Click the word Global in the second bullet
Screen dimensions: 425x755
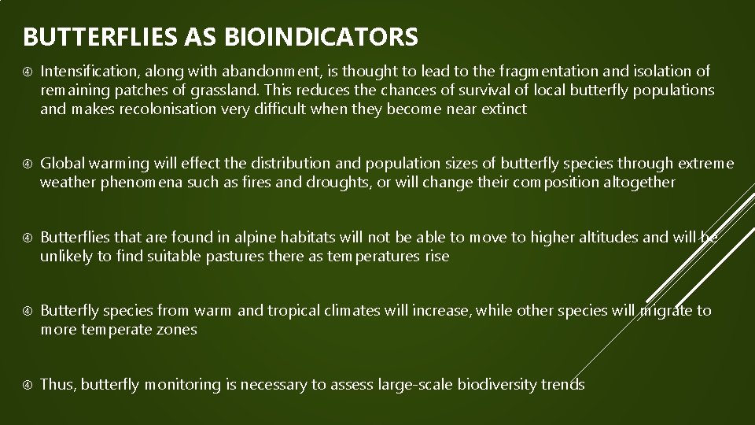tap(61, 164)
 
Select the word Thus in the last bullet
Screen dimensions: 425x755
tap(57, 384)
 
